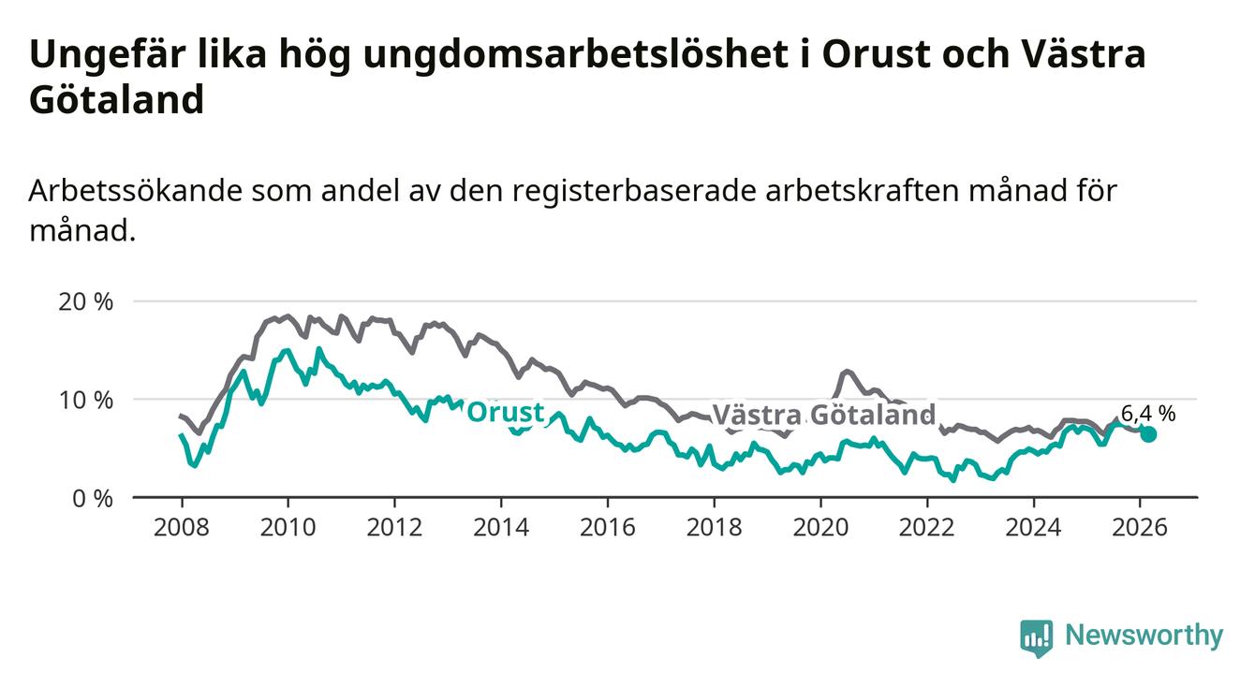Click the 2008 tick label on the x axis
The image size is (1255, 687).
[181, 527]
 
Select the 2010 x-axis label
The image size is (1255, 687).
[288, 527]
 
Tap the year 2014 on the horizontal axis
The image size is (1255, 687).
[500, 527]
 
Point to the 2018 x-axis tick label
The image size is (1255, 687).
[714, 527]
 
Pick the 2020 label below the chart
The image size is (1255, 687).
[820, 527]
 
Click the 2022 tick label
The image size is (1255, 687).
[927, 527]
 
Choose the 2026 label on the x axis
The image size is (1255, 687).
[1140, 527]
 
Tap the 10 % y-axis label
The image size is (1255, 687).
[90, 400]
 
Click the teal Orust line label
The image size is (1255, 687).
[505, 413]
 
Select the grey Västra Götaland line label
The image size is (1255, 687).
[823, 415]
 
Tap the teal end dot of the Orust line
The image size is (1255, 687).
[1147, 434]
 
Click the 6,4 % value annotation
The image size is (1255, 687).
[1147, 413]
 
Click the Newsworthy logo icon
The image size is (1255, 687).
[1036, 638]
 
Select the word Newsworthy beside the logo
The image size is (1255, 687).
[1144, 636]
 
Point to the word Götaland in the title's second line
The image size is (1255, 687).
[116, 100]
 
